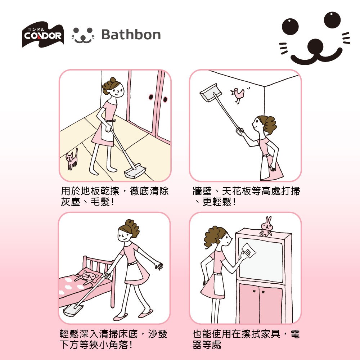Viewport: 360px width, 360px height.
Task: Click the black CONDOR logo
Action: click(x=43, y=35)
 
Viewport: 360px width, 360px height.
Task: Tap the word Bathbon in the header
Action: click(x=131, y=35)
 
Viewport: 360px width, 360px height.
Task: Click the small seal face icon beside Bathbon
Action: click(x=83, y=35)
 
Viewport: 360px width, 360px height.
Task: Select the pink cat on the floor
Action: click(x=72, y=158)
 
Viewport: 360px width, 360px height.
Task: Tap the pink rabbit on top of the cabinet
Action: click(x=266, y=226)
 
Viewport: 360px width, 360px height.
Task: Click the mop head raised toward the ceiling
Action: click(x=211, y=93)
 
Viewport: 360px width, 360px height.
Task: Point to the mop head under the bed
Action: click(x=73, y=309)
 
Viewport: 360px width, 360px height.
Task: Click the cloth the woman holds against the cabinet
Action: click(x=248, y=250)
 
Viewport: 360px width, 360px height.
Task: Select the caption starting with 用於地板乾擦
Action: click(x=114, y=196)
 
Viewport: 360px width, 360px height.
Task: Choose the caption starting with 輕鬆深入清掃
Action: click(x=113, y=339)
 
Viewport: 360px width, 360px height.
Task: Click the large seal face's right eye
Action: click(x=332, y=20)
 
